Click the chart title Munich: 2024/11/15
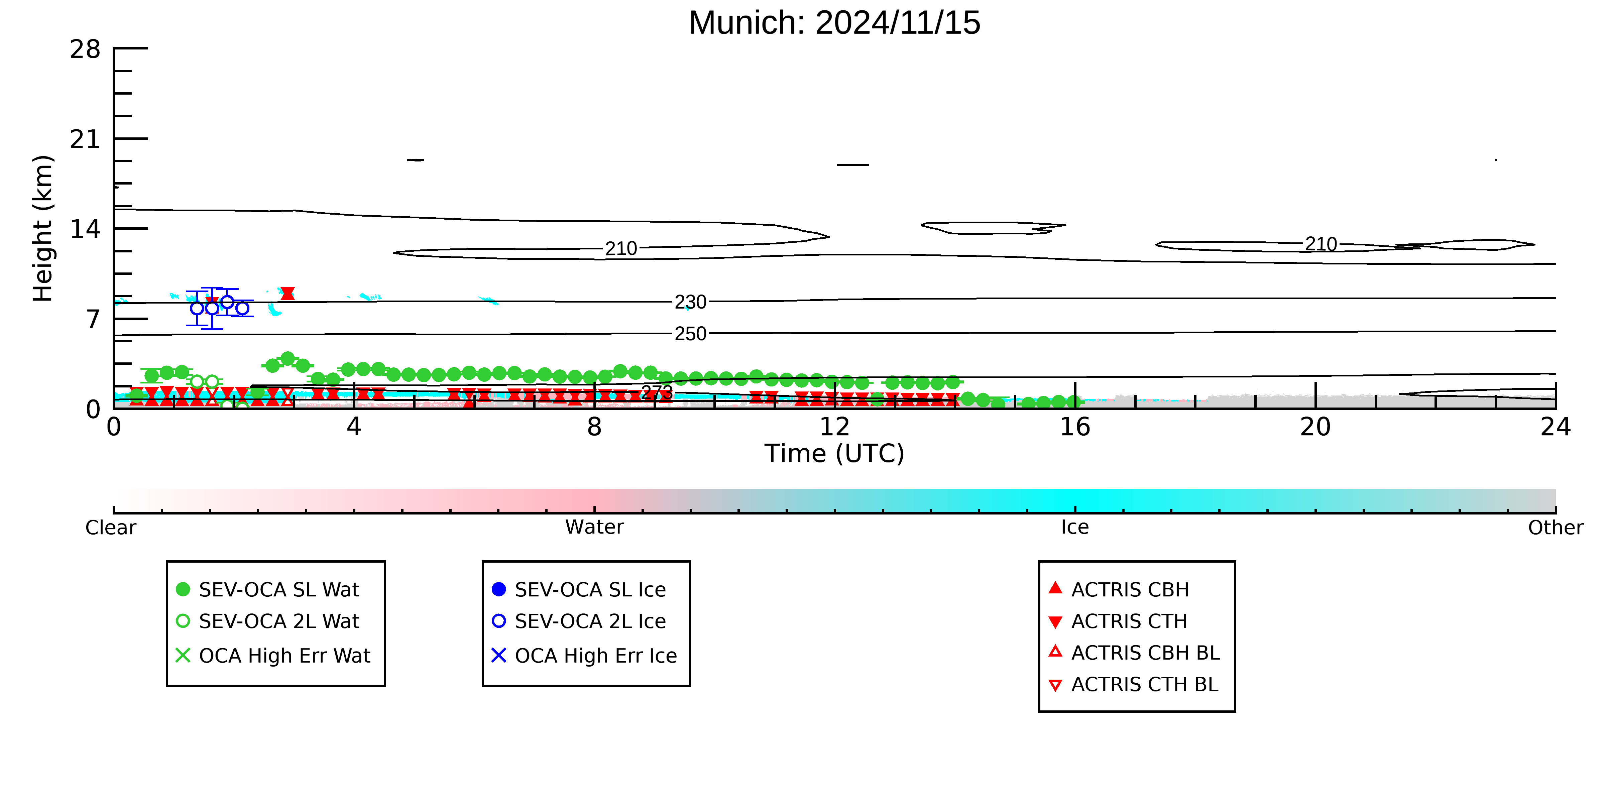click(834, 23)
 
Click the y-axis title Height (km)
click(43, 229)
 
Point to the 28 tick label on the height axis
click(85, 49)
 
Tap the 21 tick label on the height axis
click(85, 139)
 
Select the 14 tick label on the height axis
click(85, 229)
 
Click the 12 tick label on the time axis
click(834, 427)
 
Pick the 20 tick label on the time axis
click(1315, 427)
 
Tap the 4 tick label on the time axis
click(354, 427)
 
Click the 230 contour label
click(691, 302)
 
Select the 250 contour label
click(691, 334)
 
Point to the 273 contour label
click(657, 392)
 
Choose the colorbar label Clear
click(111, 528)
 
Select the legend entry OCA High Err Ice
click(584, 656)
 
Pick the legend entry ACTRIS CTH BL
click(1133, 684)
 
